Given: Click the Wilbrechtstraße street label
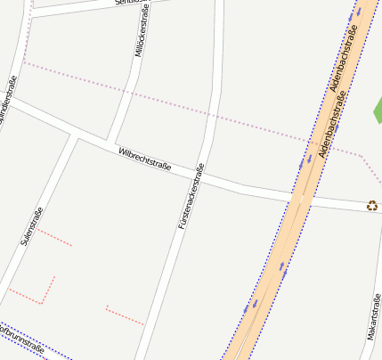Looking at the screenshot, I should [x=144, y=160].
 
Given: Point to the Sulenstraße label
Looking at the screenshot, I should [x=31, y=226].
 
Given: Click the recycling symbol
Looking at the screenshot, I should [x=371, y=206].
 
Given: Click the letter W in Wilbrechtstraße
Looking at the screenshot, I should [x=120, y=151].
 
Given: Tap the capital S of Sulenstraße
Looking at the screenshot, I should [x=24, y=242].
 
